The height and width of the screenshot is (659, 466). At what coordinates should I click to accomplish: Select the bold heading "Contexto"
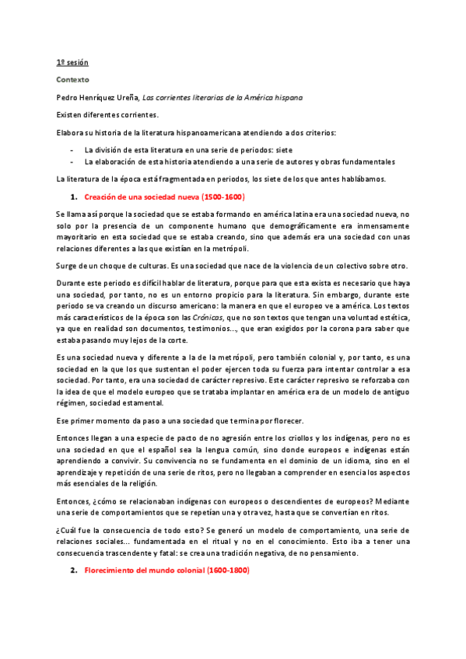click(72, 79)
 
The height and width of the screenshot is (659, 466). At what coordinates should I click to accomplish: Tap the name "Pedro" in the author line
click(68, 98)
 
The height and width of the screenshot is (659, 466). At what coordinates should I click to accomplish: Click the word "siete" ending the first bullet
click(282, 149)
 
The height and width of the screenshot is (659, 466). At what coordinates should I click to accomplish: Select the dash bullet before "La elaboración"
click(72, 162)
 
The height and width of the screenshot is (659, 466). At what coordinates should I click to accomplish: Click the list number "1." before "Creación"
click(75, 197)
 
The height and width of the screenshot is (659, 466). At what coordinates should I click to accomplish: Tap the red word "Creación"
click(101, 197)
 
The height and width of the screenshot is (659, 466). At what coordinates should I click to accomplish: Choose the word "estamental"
click(140, 403)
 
